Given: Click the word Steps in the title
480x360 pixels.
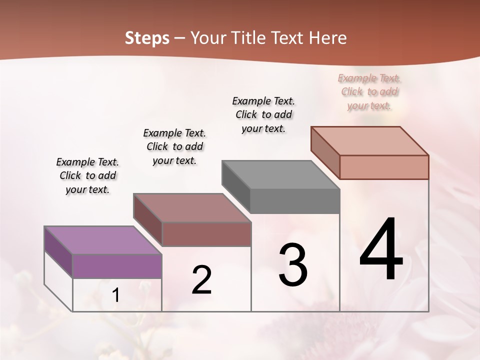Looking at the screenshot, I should [x=147, y=38].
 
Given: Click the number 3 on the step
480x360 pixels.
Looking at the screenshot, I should [x=293, y=265].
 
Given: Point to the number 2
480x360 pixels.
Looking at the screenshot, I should [x=201, y=280].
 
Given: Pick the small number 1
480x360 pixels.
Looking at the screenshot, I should [x=116, y=295].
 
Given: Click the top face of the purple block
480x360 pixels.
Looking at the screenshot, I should [x=102, y=240].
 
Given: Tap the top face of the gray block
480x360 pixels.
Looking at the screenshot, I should [x=280, y=175].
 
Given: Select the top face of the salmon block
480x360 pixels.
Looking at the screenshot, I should [x=370, y=140].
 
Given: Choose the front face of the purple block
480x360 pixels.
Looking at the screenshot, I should [x=117, y=266].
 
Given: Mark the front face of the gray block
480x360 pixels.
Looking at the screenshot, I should [x=295, y=201].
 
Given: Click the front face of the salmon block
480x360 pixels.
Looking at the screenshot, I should [x=384, y=167].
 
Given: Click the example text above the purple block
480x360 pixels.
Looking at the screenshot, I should [x=87, y=175].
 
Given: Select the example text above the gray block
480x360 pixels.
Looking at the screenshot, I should [x=263, y=114].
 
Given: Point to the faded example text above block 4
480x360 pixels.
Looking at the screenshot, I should [x=369, y=91].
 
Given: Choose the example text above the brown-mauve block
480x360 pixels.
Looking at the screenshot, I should [x=174, y=146].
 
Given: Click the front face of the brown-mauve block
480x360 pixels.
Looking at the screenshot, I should [x=206, y=234].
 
